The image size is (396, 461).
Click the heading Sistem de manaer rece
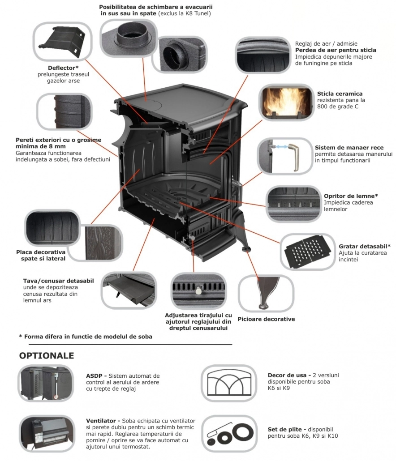(349, 148)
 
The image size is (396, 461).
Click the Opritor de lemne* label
(351, 196)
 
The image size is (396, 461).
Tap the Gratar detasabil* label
(364, 246)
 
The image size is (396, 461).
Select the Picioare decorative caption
(266, 319)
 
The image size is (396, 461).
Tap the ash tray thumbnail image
(129, 290)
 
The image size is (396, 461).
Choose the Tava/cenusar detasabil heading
(58, 281)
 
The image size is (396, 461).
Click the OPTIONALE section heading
(46, 356)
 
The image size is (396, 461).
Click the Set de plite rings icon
(229, 434)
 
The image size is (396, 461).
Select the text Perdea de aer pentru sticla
(335, 50)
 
